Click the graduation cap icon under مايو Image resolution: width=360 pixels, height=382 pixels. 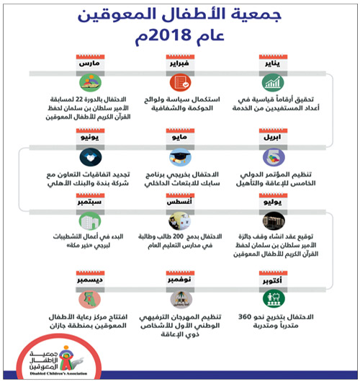click(180, 157)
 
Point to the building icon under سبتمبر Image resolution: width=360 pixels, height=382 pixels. click(88, 223)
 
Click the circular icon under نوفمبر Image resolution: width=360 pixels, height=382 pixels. click(180, 298)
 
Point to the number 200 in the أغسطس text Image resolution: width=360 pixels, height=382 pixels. click(185, 235)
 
